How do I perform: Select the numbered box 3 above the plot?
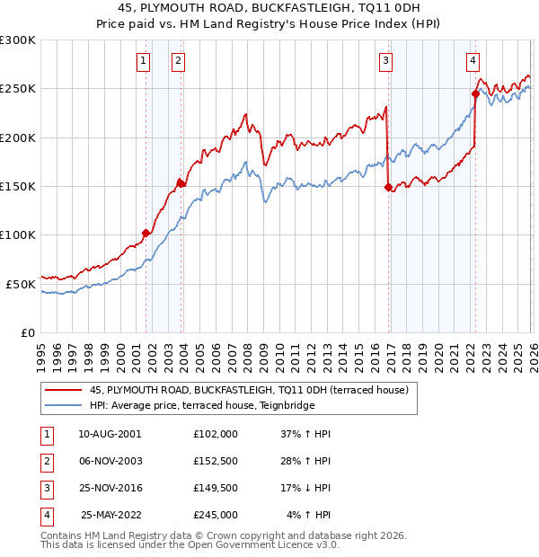385,61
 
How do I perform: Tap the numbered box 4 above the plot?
473,61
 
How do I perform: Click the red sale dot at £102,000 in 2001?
146,233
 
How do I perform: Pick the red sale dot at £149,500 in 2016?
388,187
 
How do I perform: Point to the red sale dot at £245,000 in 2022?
475,93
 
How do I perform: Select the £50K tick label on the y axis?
21,284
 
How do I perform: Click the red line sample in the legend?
63,391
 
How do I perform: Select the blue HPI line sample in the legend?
63,404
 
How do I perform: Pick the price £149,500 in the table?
215,488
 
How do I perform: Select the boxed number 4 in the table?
46,516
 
